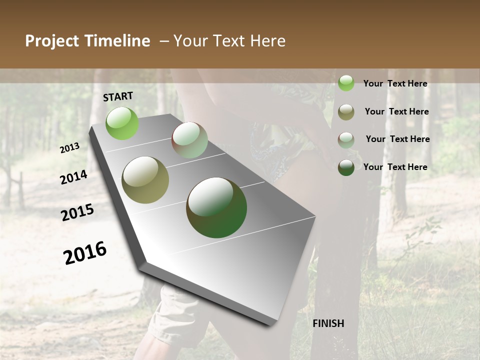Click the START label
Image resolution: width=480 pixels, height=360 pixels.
[x=118, y=96]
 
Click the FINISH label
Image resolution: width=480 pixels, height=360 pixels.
[x=328, y=323]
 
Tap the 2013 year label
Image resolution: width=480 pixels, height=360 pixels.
[x=69, y=147]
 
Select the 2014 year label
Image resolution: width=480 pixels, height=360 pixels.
[x=73, y=177]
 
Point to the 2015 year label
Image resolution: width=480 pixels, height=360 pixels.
[x=77, y=212]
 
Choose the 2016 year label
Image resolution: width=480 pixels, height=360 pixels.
[x=85, y=253]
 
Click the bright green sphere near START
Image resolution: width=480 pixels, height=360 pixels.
[x=122, y=123]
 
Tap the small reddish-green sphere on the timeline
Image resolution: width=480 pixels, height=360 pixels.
[x=189, y=140]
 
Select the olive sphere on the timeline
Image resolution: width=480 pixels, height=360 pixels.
[x=145, y=180]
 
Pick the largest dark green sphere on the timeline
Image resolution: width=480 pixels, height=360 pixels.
[x=216, y=207]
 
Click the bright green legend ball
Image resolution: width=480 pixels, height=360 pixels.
[x=346, y=83]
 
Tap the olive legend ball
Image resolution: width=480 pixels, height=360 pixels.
[x=346, y=112]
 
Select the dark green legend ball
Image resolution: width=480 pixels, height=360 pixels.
[x=346, y=167]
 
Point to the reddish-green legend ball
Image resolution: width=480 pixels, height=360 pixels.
[x=346, y=139]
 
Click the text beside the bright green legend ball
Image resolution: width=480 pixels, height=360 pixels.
[x=395, y=83]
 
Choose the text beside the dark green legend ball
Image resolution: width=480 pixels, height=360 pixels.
[x=395, y=167]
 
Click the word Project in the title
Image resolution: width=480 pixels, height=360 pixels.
[x=52, y=41]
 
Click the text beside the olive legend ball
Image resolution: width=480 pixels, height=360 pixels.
[x=396, y=111]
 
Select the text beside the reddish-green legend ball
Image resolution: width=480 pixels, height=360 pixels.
[x=397, y=139]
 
